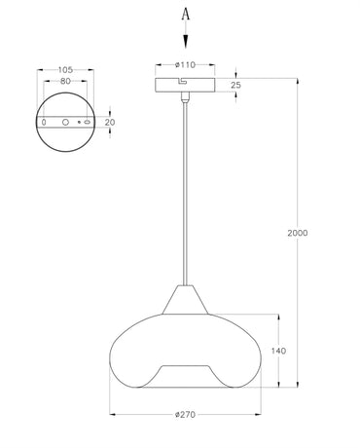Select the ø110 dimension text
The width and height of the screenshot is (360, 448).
tap(186, 64)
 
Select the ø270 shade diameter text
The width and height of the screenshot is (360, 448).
tap(187, 415)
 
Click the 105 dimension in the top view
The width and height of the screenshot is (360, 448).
tap(64, 70)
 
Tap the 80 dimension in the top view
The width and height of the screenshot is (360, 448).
tap(64, 83)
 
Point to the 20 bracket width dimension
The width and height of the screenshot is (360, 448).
tap(109, 124)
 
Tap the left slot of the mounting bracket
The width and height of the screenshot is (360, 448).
tap(44, 124)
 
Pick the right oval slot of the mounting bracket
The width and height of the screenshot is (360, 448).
tap(87, 124)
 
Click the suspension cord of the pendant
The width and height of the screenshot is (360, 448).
tap(186, 195)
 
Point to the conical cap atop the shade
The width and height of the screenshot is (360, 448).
tap(186, 299)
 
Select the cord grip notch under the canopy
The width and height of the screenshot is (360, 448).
tap(185, 97)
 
